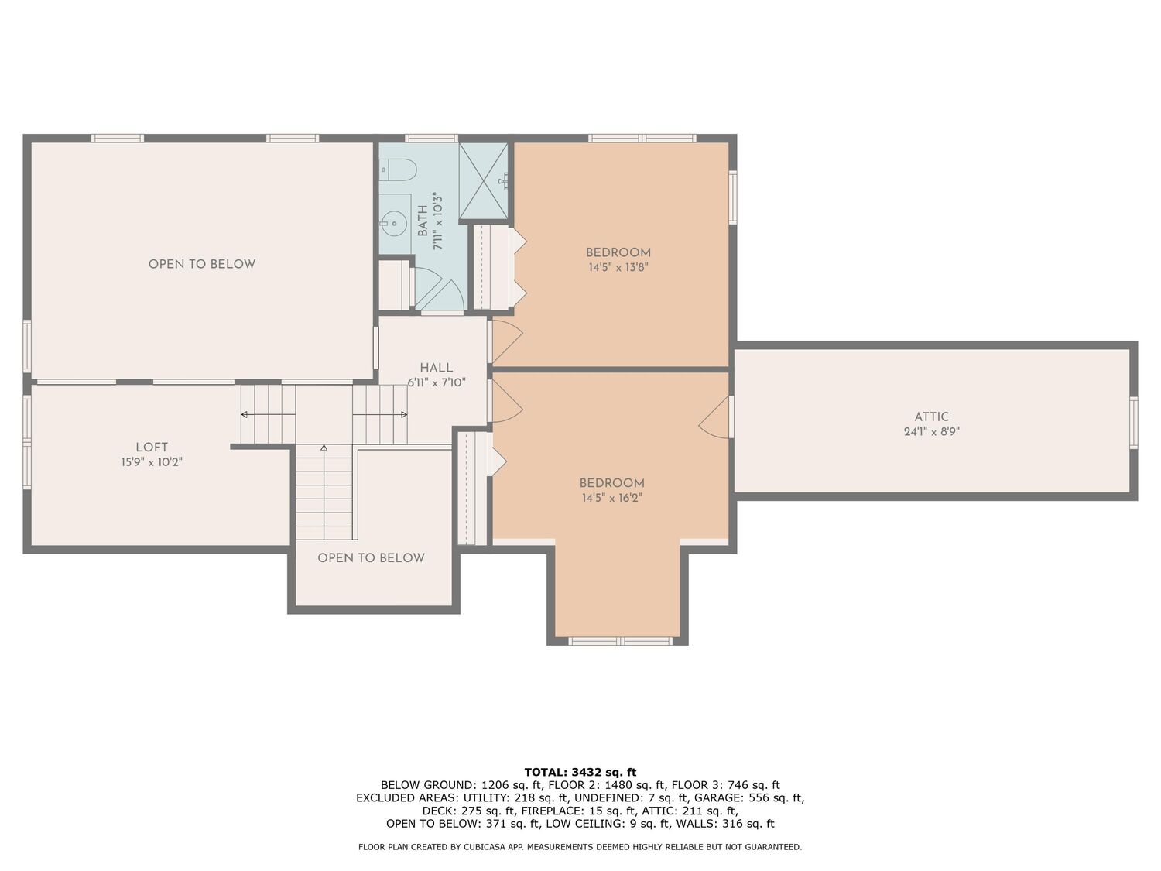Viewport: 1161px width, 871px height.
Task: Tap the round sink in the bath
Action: [395, 223]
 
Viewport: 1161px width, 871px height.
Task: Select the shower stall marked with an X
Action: [484, 181]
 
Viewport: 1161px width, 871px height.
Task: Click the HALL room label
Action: [437, 368]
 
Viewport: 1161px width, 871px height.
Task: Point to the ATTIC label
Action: [931, 417]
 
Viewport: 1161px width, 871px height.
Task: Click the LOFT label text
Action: [152, 448]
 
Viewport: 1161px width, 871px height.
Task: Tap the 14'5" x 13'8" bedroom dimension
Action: [618, 268]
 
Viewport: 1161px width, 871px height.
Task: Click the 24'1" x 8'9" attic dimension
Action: [931, 431]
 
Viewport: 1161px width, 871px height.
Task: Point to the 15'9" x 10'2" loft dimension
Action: [152, 462]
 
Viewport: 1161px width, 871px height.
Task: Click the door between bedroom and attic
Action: [716, 417]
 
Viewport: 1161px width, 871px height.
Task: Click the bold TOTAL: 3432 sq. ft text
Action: [580, 773]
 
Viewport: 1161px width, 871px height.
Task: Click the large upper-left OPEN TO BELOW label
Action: [202, 265]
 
